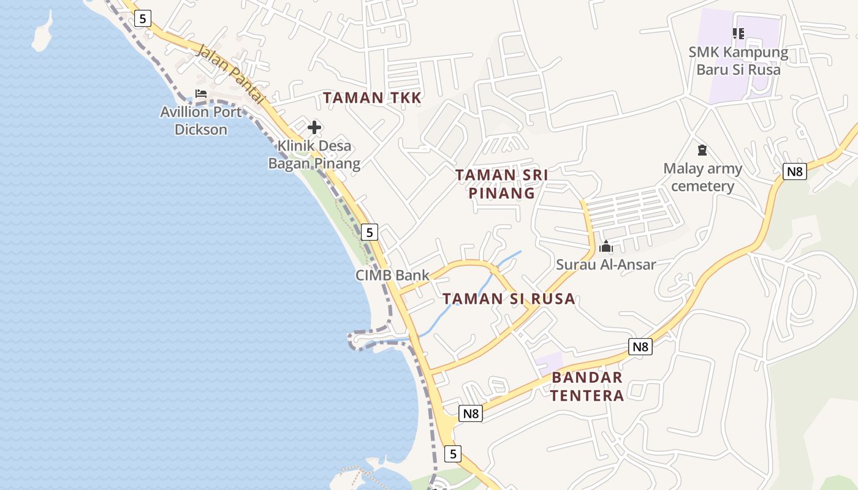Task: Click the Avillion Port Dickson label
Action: [201, 121]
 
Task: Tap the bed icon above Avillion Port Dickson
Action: [200, 94]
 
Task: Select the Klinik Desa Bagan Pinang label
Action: [314, 154]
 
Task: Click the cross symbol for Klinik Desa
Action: [314, 127]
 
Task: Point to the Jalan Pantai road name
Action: [230, 73]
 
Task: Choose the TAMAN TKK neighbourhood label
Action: [372, 97]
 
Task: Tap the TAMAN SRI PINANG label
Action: [501, 184]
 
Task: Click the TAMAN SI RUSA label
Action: [509, 299]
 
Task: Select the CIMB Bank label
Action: [392, 275]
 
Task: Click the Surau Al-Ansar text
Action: [606, 265]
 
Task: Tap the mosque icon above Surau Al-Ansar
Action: [606, 246]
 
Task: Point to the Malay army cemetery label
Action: [702, 177]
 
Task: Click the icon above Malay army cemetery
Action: [702, 149]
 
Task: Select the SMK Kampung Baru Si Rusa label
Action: [738, 61]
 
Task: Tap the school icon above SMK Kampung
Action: [738, 33]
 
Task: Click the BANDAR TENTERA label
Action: [587, 386]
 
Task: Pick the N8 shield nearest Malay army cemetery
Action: [794, 171]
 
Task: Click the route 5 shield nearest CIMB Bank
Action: [369, 232]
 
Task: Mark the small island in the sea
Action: [42, 32]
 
